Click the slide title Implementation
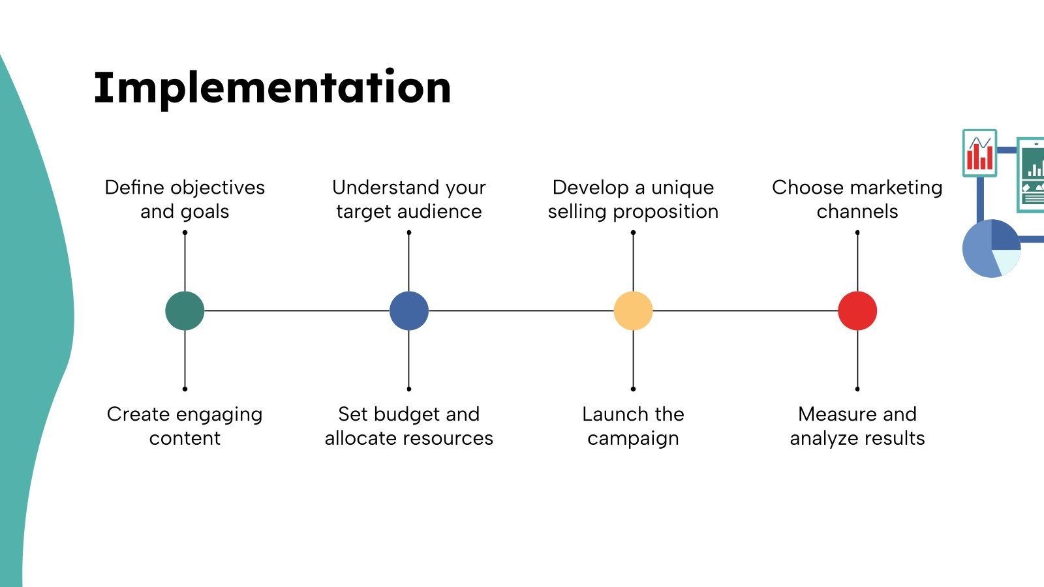pyautogui.click(x=272, y=88)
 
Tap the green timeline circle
pyautogui.click(x=185, y=310)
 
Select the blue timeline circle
pyautogui.click(x=409, y=310)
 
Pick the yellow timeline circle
pyautogui.click(x=633, y=310)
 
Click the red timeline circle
pyautogui.click(x=857, y=310)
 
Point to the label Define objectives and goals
pyautogui.click(x=185, y=199)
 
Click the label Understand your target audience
pyautogui.click(x=409, y=199)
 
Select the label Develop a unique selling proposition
pyautogui.click(x=633, y=199)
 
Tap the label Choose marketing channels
pyautogui.click(x=857, y=199)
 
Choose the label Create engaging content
pyautogui.click(x=185, y=426)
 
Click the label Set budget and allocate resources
pyautogui.click(x=409, y=426)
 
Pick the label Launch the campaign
pyautogui.click(x=633, y=426)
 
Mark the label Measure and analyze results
pyautogui.click(x=857, y=426)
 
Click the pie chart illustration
pyautogui.click(x=991, y=248)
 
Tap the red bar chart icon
pyautogui.click(x=979, y=153)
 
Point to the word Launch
pyautogui.click(x=615, y=414)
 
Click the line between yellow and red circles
pyautogui.click(x=745, y=310)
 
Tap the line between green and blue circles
pyautogui.click(x=297, y=310)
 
